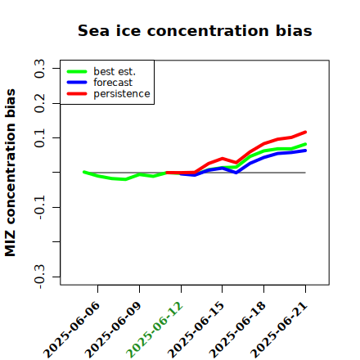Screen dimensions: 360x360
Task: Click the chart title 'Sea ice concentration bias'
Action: tap(195, 30)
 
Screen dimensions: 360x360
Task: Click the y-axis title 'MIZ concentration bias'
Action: tap(10, 173)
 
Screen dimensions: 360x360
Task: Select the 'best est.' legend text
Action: tap(115, 71)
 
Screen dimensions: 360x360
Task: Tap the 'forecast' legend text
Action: tap(113, 83)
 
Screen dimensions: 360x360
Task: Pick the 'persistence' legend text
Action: tap(122, 94)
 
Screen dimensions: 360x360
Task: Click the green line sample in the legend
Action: tap(77, 71)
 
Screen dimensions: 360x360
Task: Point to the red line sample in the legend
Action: tap(77, 94)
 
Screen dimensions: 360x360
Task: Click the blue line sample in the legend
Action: tap(77, 83)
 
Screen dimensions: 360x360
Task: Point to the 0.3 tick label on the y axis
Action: tap(39, 69)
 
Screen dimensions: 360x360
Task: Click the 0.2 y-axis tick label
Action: tap(39, 103)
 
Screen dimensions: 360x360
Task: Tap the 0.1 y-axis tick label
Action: tap(39, 138)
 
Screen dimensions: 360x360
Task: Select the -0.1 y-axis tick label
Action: tap(39, 208)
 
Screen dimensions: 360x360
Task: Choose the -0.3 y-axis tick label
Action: tap(39, 277)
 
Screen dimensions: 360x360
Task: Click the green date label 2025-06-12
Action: tap(155, 330)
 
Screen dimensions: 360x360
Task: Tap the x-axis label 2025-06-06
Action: tap(71, 330)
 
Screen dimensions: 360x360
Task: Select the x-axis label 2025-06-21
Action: tap(279, 330)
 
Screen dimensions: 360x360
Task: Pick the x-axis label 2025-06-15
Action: tap(196, 330)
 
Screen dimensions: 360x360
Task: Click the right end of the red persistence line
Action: tap(305, 133)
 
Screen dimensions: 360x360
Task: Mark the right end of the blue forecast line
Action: tap(305, 151)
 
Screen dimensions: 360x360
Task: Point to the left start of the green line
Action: tap(84, 172)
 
